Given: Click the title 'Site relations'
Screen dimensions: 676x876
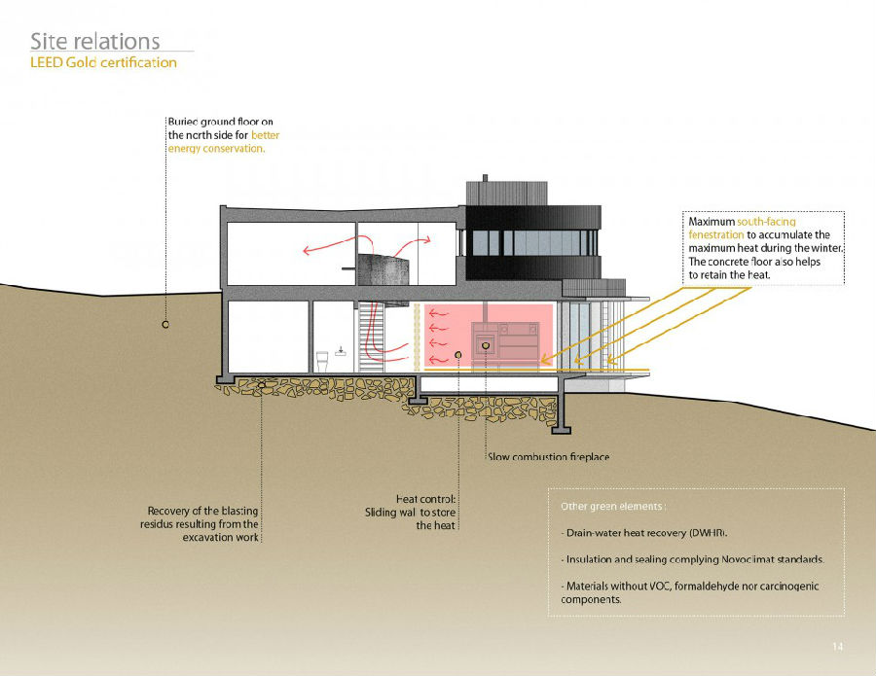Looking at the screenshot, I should [x=94, y=41].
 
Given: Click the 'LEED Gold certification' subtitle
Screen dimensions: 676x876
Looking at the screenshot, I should [x=103, y=63].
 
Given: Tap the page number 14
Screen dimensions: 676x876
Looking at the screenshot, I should [x=837, y=647].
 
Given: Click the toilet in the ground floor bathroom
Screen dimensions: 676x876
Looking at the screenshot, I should [x=323, y=361].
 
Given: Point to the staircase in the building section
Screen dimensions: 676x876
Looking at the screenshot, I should [x=367, y=336].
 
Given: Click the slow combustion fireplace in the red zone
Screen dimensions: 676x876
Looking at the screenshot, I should [x=485, y=344].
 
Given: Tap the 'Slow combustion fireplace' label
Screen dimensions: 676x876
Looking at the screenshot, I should [x=548, y=457].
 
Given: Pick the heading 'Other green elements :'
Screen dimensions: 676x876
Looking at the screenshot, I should [x=613, y=507].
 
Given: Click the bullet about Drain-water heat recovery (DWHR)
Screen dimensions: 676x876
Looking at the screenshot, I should [x=644, y=534].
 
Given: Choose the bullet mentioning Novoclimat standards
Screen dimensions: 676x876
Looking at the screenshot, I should [x=693, y=560].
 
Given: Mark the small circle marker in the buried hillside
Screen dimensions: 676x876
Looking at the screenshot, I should [x=165, y=324].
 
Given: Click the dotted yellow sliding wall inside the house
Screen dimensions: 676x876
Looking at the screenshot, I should [x=418, y=337].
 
